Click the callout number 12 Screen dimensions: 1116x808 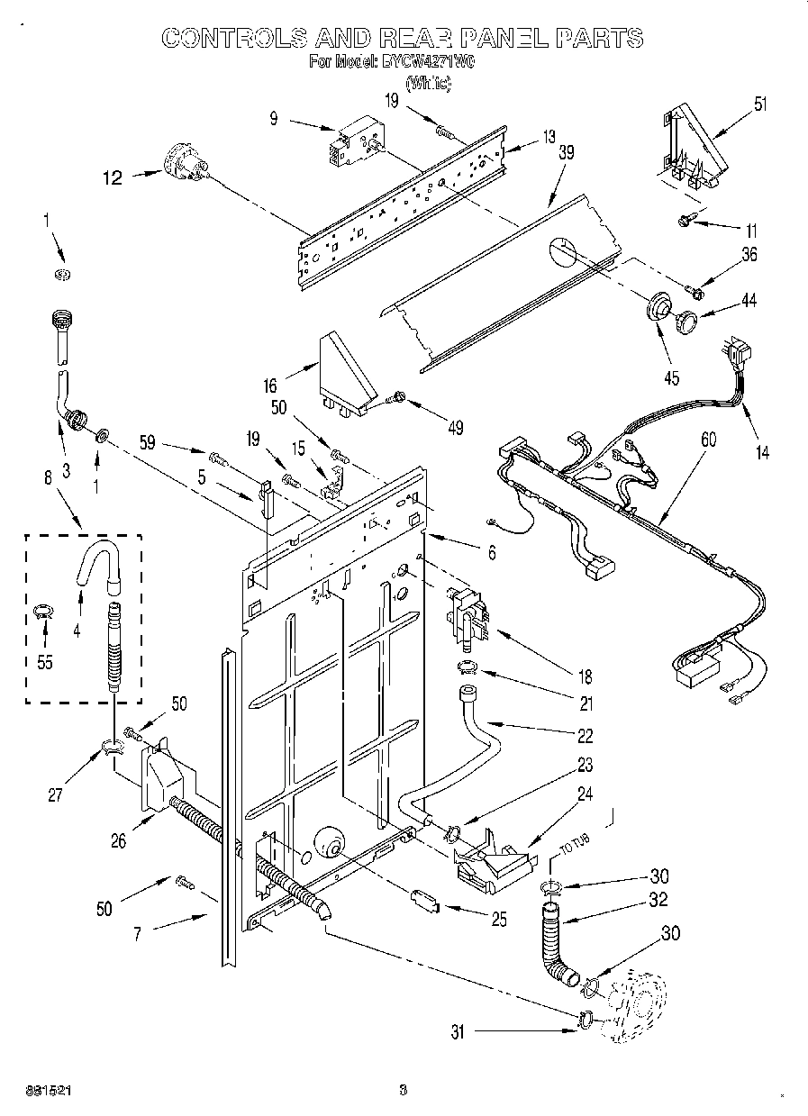pyautogui.click(x=112, y=178)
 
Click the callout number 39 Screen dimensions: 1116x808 pyautogui.click(x=566, y=154)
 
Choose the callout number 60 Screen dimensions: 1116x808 pyautogui.click(x=709, y=440)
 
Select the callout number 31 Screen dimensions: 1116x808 pyautogui.click(x=457, y=1033)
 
